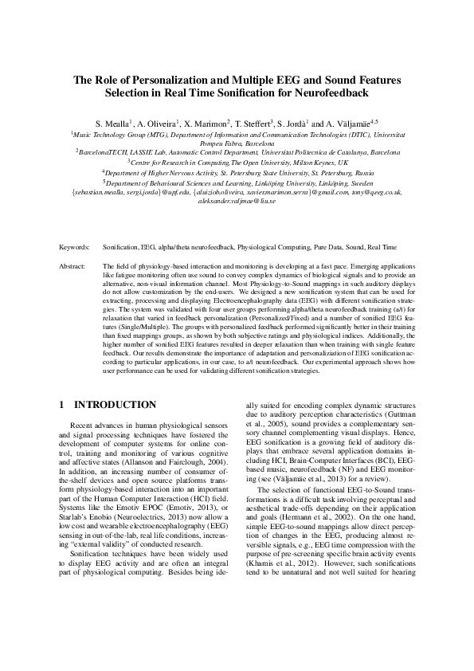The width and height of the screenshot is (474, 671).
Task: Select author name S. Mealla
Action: pyautogui.click(x=112, y=125)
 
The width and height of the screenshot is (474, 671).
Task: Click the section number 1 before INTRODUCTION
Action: pyautogui.click(x=63, y=405)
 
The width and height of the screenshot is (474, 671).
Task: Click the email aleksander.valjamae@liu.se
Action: pyautogui.click(x=237, y=202)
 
